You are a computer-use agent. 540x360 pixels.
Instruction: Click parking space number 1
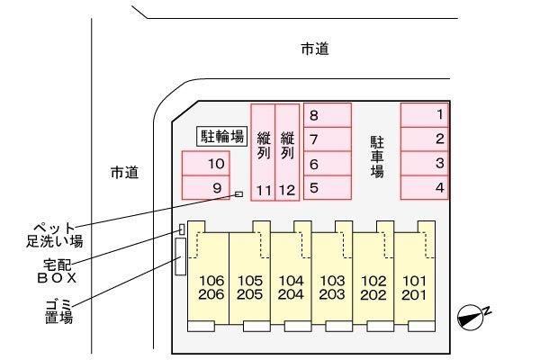pos(425,115)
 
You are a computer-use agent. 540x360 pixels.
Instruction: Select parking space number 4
pos(425,187)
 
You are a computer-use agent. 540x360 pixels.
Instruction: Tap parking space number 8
pos(328,115)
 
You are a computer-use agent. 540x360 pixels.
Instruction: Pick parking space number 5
pos(328,187)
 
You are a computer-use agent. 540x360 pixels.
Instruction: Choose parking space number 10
pos(206,163)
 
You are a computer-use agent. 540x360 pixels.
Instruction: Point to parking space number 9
pos(206,187)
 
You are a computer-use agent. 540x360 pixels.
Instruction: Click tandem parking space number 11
pos(263,152)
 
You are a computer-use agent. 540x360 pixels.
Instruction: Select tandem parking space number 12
pos(287,152)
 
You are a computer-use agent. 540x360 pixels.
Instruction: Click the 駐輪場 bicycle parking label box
pos(222,137)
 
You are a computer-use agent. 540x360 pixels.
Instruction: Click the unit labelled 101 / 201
pos(415,275)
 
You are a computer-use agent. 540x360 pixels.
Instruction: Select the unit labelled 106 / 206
pos(209,275)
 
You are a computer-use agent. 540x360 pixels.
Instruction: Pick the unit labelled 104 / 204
pos(292,275)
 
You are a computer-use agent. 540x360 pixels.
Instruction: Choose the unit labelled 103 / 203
pos(333,275)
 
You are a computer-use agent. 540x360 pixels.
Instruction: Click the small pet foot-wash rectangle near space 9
pos(239,194)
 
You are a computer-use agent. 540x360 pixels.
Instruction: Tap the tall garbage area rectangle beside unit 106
pos(181,256)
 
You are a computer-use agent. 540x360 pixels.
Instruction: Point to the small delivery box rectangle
pos(182,229)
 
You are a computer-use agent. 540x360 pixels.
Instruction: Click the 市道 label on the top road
pos(315,49)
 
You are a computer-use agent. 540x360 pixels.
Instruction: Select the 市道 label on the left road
pos(125,172)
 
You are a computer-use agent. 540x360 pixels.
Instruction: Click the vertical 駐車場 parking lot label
pos(377,157)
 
